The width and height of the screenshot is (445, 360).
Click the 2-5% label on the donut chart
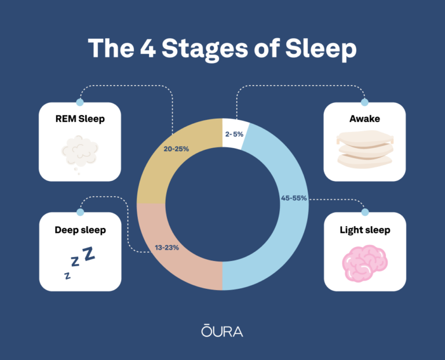(x=234, y=134)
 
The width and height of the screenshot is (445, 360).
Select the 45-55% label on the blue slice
(x=294, y=199)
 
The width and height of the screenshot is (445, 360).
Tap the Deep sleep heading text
(x=80, y=230)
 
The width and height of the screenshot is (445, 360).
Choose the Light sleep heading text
(x=364, y=230)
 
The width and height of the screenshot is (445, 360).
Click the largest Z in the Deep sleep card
(x=89, y=254)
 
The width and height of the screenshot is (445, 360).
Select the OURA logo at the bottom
(x=222, y=331)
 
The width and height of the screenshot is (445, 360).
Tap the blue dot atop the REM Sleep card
(x=80, y=102)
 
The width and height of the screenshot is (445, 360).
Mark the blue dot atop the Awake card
(x=364, y=102)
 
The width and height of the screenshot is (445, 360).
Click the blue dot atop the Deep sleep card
(x=80, y=212)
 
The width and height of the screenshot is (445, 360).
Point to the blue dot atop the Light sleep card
(x=364, y=212)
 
